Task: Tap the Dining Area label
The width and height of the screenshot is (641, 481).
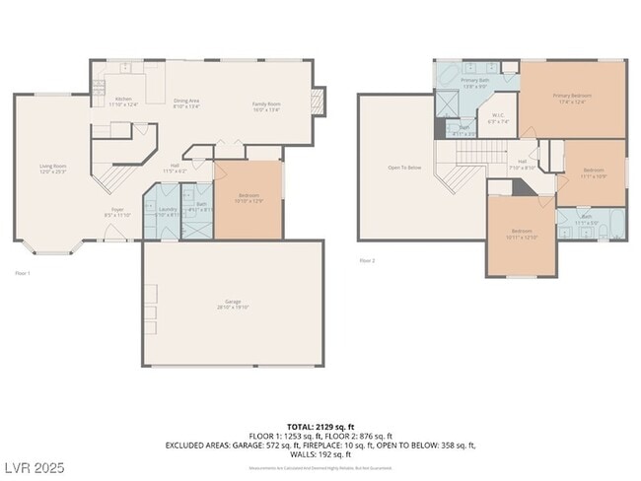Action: tap(186, 103)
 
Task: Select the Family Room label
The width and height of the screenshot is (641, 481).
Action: tap(266, 105)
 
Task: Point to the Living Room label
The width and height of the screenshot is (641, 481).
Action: tap(53, 168)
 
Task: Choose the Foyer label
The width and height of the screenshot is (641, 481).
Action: tap(117, 213)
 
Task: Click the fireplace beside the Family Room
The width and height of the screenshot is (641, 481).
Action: tap(317, 100)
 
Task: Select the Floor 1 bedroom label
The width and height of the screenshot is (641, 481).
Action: tap(249, 198)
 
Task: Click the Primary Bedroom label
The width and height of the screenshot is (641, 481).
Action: tap(572, 98)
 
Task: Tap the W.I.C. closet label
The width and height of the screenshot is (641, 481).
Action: tap(499, 118)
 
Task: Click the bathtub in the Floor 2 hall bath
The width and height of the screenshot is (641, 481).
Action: tap(615, 222)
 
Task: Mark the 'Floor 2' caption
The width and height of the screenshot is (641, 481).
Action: tap(367, 260)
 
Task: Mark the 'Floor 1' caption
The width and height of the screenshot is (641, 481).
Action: tap(23, 272)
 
